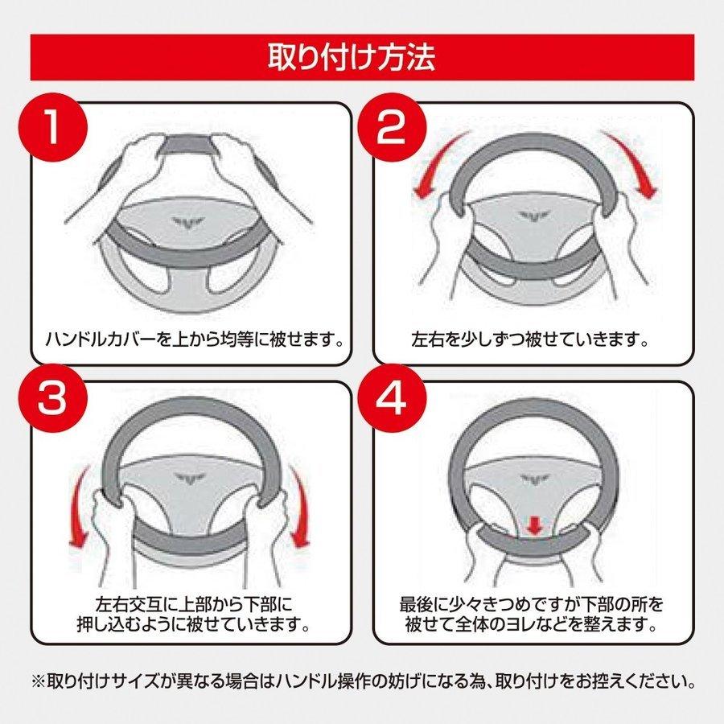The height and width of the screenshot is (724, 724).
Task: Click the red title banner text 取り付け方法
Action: [x=352, y=57]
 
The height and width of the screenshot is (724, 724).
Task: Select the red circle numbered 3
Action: [x=52, y=399]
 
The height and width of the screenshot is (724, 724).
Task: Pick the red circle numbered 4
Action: [x=391, y=399]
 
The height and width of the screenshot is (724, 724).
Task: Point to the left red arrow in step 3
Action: [x=80, y=508]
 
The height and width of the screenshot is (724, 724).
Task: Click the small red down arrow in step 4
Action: [x=534, y=526]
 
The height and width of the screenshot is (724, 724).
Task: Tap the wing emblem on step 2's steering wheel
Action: [x=533, y=215]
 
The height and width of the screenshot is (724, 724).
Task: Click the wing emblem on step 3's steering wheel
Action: [x=190, y=479]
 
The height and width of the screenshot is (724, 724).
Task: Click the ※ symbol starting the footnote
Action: [x=38, y=682]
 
